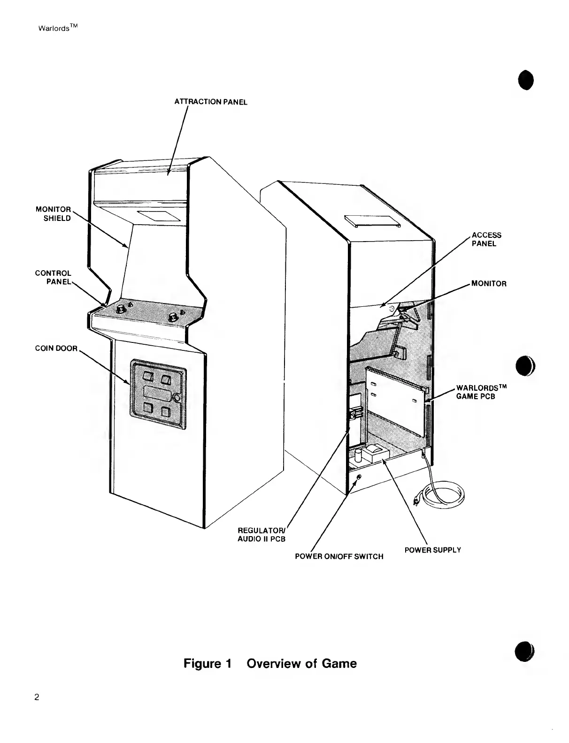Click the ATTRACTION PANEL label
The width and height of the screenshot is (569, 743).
211,102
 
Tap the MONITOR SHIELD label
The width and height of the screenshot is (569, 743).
54,214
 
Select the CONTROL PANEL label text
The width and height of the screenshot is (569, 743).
54,277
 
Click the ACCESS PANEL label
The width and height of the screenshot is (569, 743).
486,239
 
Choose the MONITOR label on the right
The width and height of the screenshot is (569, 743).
489,284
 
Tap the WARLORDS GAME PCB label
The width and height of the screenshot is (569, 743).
481,392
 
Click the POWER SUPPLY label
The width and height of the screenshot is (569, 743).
432,550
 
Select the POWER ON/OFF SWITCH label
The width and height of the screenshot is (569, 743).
339,556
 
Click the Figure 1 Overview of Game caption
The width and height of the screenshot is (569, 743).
270,664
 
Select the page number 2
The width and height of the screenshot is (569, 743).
37,697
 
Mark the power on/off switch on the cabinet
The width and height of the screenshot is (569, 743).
359,477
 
